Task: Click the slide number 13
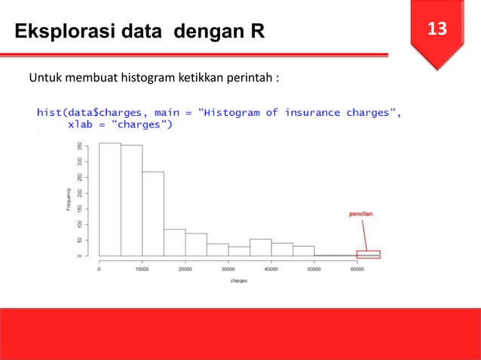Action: (437, 29)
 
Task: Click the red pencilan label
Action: (360, 213)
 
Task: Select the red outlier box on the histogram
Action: (369, 254)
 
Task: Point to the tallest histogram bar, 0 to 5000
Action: (110, 200)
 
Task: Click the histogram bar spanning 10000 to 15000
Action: (153, 214)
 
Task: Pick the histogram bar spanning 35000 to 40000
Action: (261, 248)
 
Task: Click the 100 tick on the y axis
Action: (80, 224)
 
